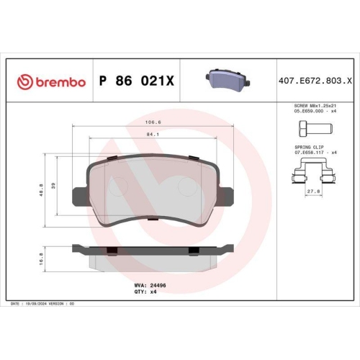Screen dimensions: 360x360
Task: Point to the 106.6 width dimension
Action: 151,122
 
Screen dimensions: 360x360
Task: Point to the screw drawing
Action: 312,130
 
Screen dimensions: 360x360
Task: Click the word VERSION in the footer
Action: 55,305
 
